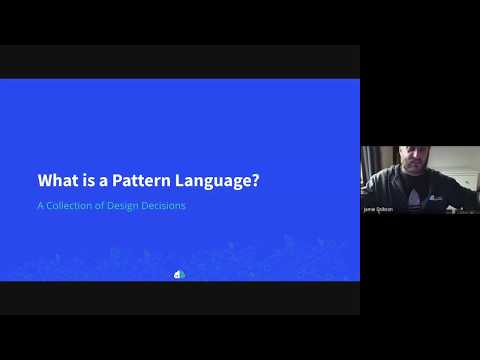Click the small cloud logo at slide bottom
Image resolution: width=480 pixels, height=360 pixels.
point(180,273)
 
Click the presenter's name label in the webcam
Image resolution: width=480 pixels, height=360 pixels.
point(378,209)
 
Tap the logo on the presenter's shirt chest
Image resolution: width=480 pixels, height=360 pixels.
point(436,197)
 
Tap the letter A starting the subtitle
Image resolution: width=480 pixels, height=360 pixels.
point(41,206)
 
